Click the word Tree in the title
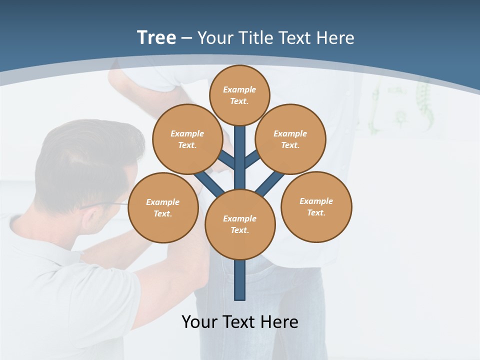(x=156, y=38)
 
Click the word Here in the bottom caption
(x=281, y=322)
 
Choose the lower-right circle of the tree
(x=316, y=207)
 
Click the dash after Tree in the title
(x=186, y=38)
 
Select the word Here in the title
(x=337, y=38)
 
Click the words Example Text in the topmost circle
(x=239, y=95)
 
